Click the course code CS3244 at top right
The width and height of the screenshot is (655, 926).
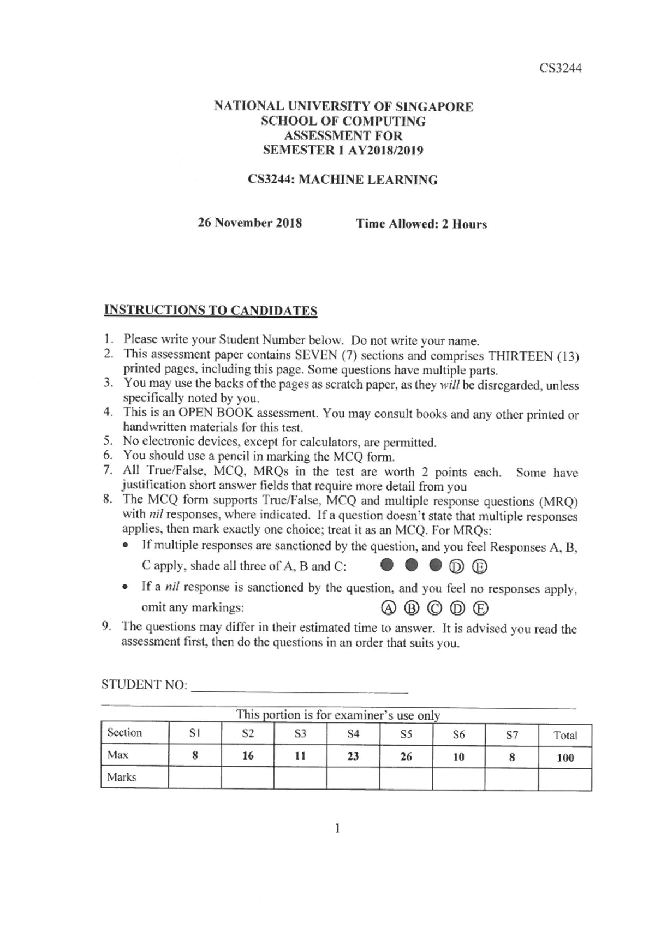click(561, 68)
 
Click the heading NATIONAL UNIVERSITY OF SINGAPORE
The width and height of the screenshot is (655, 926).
click(343, 106)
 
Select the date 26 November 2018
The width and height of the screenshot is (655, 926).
click(249, 223)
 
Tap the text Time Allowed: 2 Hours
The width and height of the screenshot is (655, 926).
click(421, 224)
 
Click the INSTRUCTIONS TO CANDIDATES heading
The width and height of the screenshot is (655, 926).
click(211, 310)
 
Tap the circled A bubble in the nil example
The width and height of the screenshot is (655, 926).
click(387, 608)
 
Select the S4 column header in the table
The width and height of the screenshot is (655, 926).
click(353, 734)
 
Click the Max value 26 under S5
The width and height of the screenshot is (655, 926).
click(406, 757)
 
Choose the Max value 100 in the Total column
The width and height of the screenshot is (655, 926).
click(565, 758)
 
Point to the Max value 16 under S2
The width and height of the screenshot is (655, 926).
click(248, 756)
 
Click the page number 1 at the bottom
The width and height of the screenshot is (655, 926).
click(337, 829)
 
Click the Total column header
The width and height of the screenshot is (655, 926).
click(565, 735)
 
